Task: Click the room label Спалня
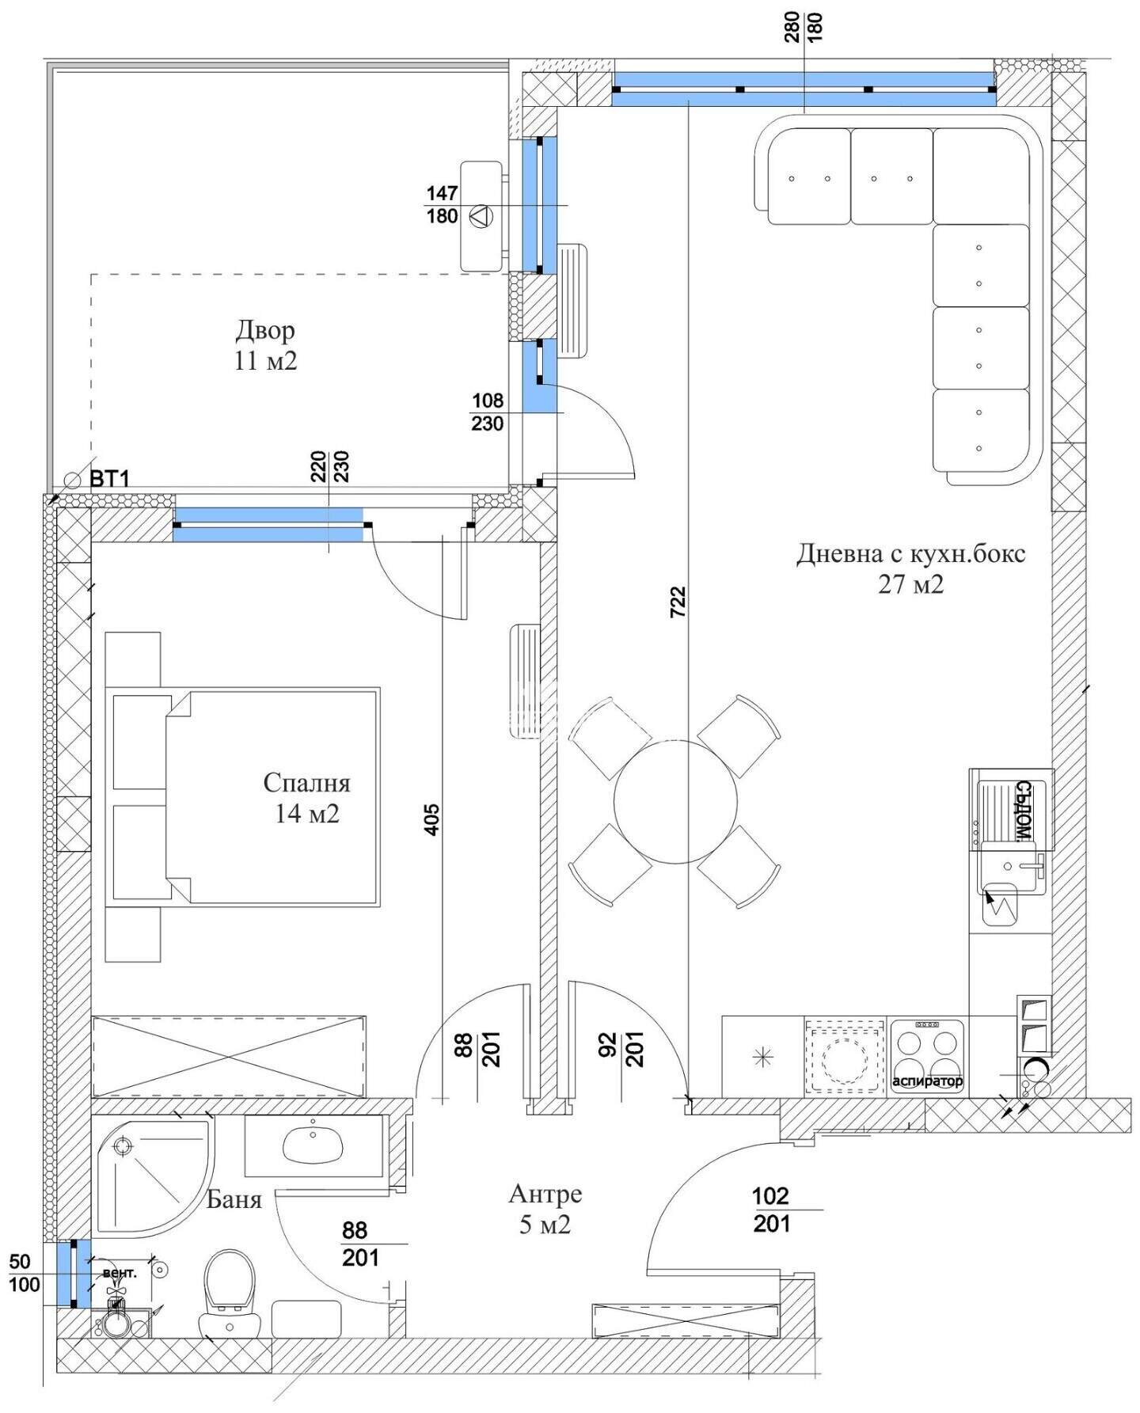pos(306,783)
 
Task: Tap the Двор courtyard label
pos(265,329)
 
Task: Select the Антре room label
pos(545,1193)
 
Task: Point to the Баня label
pos(234,1199)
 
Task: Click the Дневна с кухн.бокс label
pos(910,553)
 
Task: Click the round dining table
pos(675,802)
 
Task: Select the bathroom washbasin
pos(313,1142)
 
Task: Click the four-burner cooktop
pos(927,1055)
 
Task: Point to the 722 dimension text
pos(678,602)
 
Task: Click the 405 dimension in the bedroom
pos(431,819)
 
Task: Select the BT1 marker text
pos(109,479)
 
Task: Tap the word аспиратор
pos(927,1081)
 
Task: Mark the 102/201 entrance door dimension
pos(771,1210)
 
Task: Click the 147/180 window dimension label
pos(442,205)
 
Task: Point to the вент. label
pos(120,1273)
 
